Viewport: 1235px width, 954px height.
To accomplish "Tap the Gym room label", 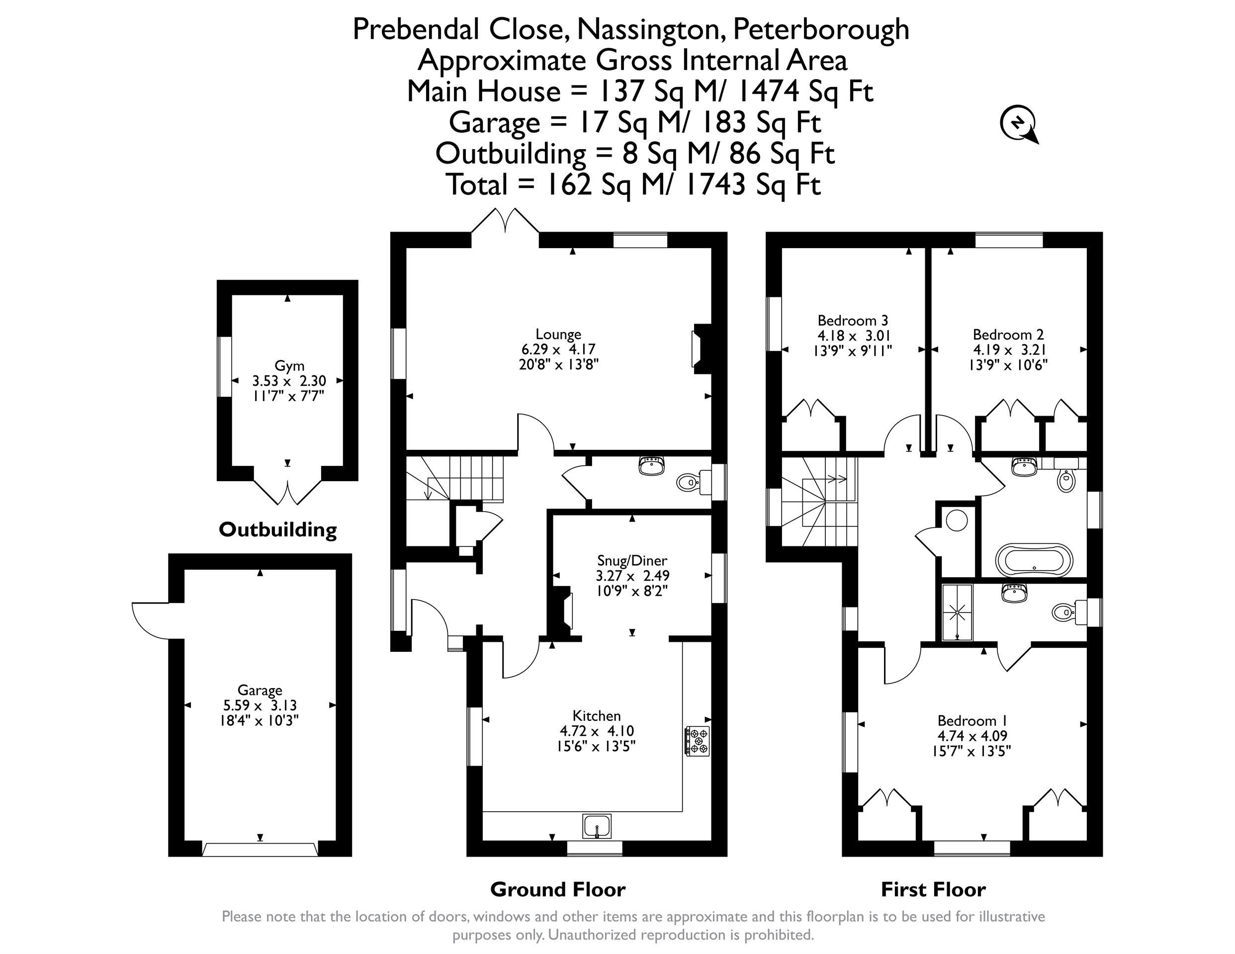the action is pyautogui.click(x=289, y=366).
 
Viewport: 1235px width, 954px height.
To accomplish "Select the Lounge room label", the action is pyautogui.click(x=558, y=334).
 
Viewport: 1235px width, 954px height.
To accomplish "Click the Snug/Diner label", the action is pyautogui.click(x=632, y=560).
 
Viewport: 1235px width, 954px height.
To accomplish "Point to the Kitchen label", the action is pyautogui.click(x=597, y=715).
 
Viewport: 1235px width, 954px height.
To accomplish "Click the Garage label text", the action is pyautogui.click(x=260, y=691).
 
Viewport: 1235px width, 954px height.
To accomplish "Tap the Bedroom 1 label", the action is pyautogui.click(x=972, y=720).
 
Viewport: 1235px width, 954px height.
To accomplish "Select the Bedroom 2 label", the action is pyautogui.click(x=1008, y=334).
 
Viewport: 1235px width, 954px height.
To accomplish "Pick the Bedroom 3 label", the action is pyautogui.click(x=853, y=321).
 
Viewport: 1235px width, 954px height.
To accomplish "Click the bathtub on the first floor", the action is pyautogui.click(x=1034, y=559).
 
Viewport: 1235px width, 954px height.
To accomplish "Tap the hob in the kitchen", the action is pyautogui.click(x=697, y=741).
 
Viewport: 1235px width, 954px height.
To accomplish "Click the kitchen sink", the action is pyautogui.click(x=597, y=826).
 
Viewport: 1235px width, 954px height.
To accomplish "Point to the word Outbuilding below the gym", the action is pyautogui.click(x=277, y=530).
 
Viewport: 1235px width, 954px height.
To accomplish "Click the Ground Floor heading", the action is pyautogui.click(x=557, y=889).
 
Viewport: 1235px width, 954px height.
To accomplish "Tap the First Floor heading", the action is pyautogui.click(x=933, y=889).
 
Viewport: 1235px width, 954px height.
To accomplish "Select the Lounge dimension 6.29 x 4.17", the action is pyautogui.click(x=558, y=349).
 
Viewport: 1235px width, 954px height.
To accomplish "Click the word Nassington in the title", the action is pyautogui.click(x=651, y=29).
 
